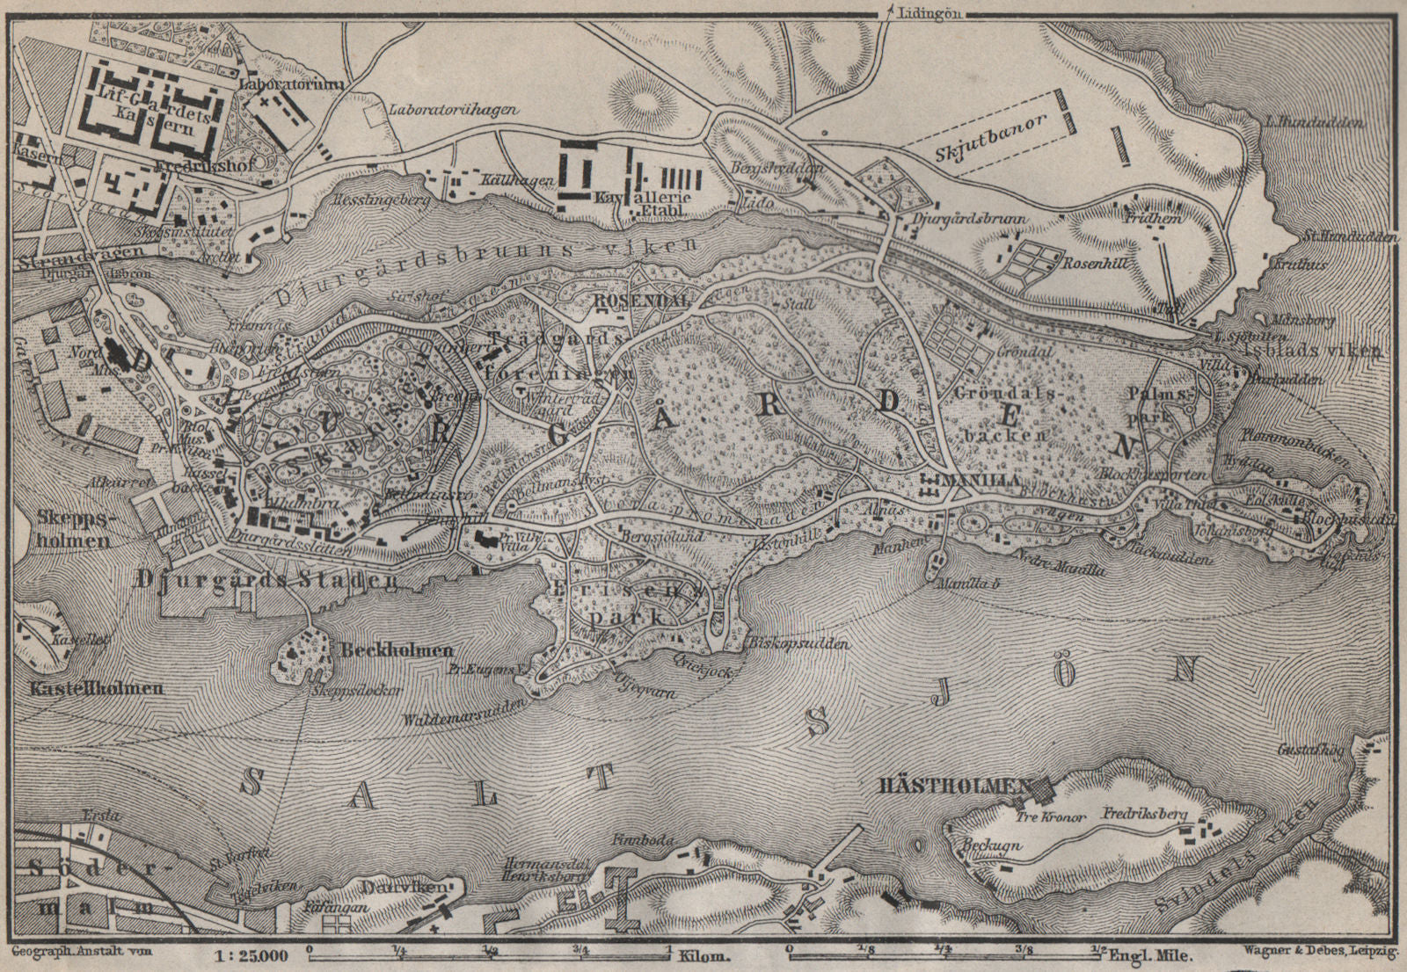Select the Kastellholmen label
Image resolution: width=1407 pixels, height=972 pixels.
[x=96, y=687]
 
